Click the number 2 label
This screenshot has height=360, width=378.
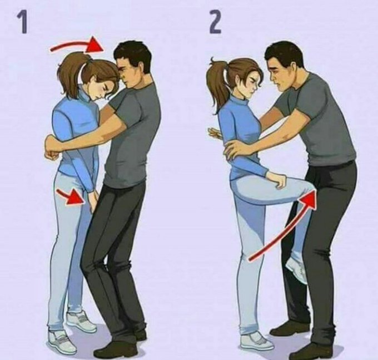point(215,22)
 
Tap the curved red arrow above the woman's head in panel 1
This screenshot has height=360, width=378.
point(77,45)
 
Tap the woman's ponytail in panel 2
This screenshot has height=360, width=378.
point(217,80)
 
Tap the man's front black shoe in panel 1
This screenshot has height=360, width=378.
point(115,349)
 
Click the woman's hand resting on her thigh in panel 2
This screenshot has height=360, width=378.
point(277,180)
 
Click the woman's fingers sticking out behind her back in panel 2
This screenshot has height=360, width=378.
point(213,133)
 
